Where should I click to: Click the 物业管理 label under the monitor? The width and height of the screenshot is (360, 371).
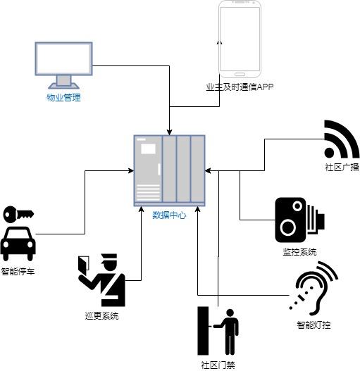click(x=63, y=97)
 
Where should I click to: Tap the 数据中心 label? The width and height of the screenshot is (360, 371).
click(x=169, y=215)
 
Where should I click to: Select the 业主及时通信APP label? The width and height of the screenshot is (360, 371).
click(x=240, y=87)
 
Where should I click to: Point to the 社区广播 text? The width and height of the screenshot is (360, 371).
click(x=342, y=168)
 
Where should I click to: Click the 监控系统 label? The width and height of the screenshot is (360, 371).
click(x=299, y=252)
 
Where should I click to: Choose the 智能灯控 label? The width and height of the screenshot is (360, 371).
click(x=314, y=325)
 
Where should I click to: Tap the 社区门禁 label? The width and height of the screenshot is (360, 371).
click(x=218, y=365)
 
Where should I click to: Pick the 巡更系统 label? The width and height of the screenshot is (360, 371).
click(x=101, y=316)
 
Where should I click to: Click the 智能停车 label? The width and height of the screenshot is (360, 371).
click(x=18, y=272)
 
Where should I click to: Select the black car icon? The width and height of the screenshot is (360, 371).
click(x=18, y=244)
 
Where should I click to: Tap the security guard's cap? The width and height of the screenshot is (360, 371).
click(x=109, y=258)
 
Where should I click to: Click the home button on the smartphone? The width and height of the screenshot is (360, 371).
click(x=240, y=75)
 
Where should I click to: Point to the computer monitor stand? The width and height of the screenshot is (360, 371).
click(x=63, y=82)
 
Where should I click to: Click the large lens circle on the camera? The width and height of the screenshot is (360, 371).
click(x=288, y=227)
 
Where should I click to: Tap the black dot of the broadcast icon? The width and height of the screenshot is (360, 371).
click(x=329, y=153)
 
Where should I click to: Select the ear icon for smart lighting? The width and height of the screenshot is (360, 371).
click(x=313, y=288)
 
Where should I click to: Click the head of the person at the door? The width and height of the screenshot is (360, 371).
click(x=230, y=313)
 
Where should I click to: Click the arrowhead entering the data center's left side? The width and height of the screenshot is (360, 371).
click(x=131, y=170)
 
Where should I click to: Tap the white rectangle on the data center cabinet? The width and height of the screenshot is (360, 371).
click(x=148, y=149)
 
